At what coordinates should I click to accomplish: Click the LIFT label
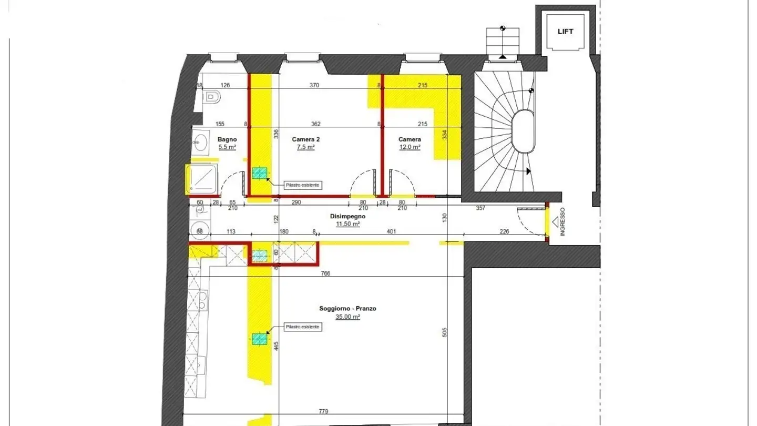point(565,32)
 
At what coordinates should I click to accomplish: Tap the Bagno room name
point(228,139)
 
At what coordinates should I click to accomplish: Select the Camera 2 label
point(305,139)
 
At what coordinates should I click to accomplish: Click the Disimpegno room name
point(347,216)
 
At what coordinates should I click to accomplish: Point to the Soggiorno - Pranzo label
point(347,309)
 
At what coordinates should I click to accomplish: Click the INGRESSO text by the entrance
point(562,221)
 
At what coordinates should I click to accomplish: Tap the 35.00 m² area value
point(347,317)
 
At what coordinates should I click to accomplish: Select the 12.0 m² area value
point(410,148)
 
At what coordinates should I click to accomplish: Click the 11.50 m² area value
point(347,224)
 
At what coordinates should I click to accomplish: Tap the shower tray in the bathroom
point(202,178)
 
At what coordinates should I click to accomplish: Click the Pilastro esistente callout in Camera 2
point(302,185)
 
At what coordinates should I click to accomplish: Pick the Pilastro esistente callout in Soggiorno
point(302,327)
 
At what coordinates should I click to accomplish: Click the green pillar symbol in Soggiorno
point(259,339)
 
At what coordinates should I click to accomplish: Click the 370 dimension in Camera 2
point(314,85)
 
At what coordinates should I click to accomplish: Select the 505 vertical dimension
point(445,332)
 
